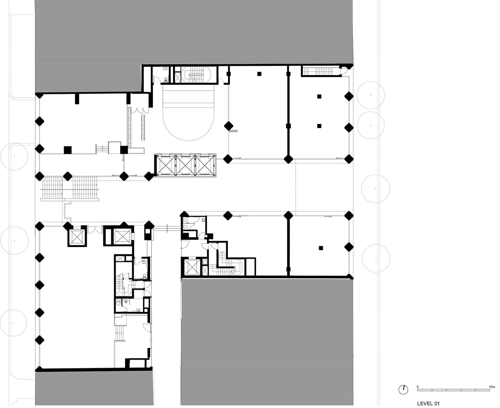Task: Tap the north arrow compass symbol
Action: (x=403, y=389)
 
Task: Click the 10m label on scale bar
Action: (x=492, y=387)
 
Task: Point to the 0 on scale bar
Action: (x=418, y=387)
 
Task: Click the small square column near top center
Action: (x=259, y=74)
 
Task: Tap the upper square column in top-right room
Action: (x=319, y=96)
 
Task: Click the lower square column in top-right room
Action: (x=319, y=126)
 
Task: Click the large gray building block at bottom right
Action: (x=267, y=340)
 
